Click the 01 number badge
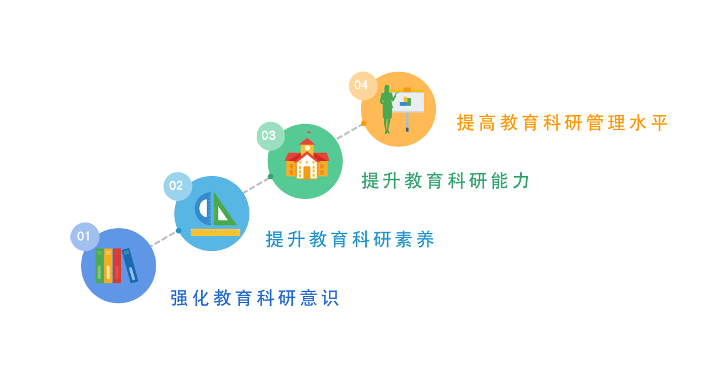pyautogui.click(x=85, y=237)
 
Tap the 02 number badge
pyautogui.click(x=177, y=186)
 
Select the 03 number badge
pyautogui.click(x=271, y=136)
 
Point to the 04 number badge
pyautogui.click(x=363, y=85)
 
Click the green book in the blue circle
pyautogui.click(x=99, y=266)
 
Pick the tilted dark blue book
pyautogui.click(x=130, y=266)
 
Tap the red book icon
pyautogui.click(x=117, y=266)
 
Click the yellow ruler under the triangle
pyautogui.click(x=216, y=232)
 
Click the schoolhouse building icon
pyautogui.click(x=307, y=157)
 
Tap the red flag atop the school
pyautogui.click(x=309, y=132)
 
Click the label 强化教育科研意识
pyautogui.click(x=255, y=298)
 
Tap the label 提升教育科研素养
pyautogui.click(x=350, y=240)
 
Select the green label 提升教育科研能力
pyautogui.click(x=446, y=181)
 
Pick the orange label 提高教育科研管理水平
pyautogui.click(x=562, y=123)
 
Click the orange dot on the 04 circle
pyautogui.click(x=363, y=123)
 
